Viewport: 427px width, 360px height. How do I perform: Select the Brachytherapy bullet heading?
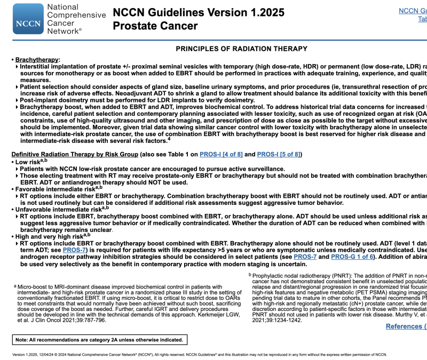point(37,60)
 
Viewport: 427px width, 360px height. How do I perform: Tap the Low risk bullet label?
point(28,161)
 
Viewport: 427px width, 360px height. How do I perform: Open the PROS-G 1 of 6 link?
point(352,257)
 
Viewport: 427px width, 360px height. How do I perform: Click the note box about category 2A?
point(100,340)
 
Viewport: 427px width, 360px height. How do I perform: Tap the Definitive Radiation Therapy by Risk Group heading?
point(74,155)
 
